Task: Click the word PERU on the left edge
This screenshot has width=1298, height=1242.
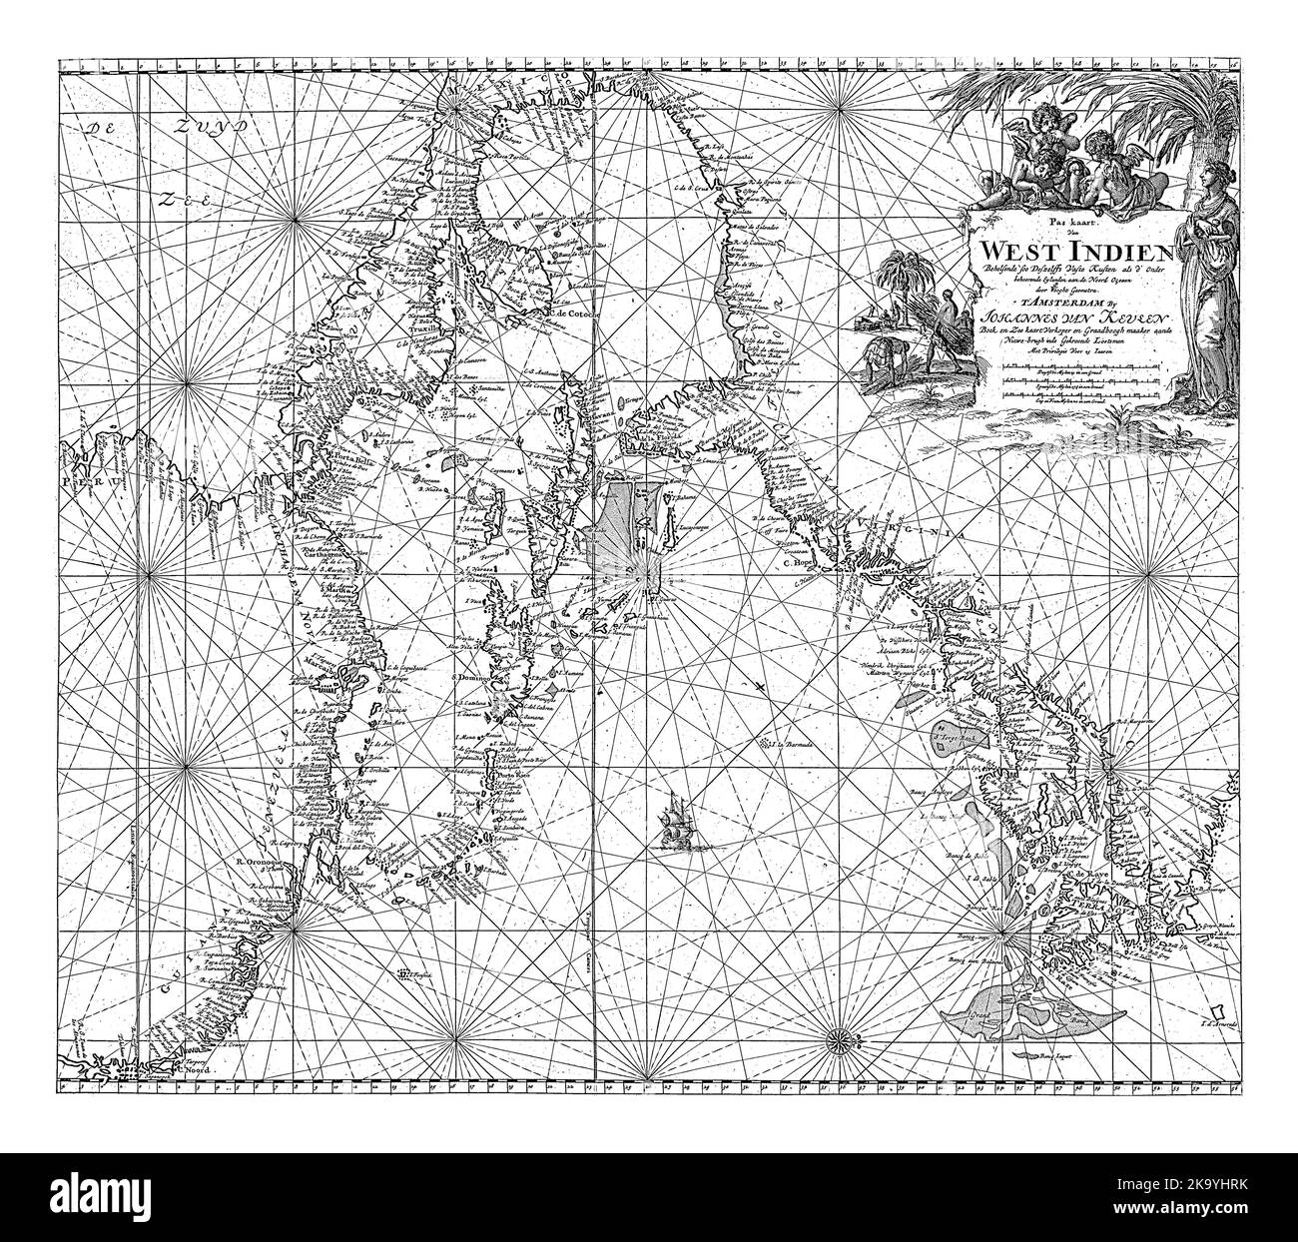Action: click(x=83, y=480)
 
